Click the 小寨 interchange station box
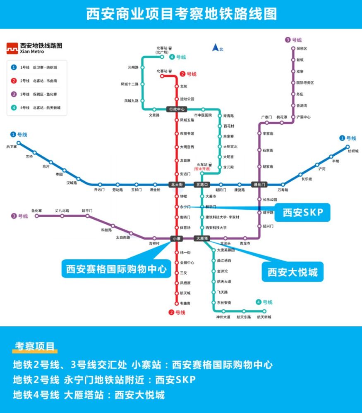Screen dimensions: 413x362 tap(177, 238)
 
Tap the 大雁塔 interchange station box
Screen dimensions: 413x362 tap(202, 238)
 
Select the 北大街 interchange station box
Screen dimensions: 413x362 tap(177, 184)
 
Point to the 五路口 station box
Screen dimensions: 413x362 tap(202, 184)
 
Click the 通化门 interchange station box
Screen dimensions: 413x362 tap(259, 184)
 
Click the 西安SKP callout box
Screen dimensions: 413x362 tap(302, 212)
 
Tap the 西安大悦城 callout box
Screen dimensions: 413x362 tap(292, 272)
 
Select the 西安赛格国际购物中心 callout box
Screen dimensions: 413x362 tap(116, 269)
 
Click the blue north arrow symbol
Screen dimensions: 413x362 tap(216, 47)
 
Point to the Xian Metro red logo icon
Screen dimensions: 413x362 tap(12, 48)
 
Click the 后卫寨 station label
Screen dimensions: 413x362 tap(12, 147)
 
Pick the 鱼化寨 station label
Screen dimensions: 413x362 tap(37, 211)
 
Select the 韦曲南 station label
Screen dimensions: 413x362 tap(185, 304)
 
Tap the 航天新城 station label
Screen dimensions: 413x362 tap(264, 317)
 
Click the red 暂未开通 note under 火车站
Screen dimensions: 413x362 tap(202, 169)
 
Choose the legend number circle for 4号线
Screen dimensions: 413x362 tap(14, 107)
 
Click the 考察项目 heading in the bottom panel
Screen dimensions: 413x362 tap(35, 346)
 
